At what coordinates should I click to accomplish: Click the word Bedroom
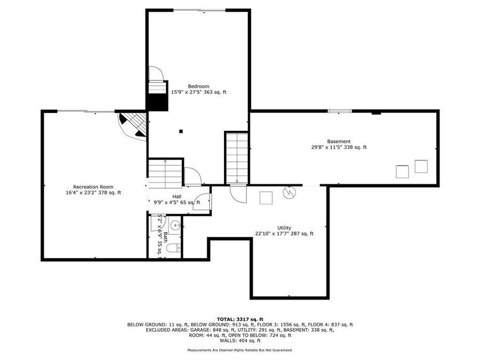tap(198, 86)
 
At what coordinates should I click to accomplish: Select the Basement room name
tap(339, 141)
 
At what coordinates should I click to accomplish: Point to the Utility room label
tap(284, 228)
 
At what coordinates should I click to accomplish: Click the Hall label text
tap(177, 196)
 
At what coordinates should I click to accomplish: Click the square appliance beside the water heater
tap(266, 198)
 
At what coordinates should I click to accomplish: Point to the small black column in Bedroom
tap(181, 131)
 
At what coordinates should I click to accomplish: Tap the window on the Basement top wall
tap(340, 111)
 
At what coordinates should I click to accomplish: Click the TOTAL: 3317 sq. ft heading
tap(240, 318)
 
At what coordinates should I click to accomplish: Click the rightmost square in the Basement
tap(421, 166)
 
